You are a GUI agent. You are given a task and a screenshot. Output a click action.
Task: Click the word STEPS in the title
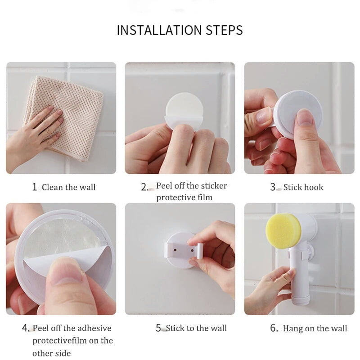coord(224,30)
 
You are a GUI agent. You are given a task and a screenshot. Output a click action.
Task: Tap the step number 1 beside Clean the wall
coord(35,187)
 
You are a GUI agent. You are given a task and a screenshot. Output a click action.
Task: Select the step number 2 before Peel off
coord(144,187)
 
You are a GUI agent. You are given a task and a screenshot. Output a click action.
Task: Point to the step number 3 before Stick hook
coord(273,187)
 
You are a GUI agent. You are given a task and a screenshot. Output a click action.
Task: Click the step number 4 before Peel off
coord(25,328)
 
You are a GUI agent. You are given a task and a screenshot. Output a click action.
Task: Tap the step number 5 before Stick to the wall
coord(159,328)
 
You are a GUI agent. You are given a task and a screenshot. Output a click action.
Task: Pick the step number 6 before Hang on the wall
coord(274,328)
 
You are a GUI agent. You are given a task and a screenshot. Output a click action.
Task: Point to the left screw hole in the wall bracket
coord(175,250)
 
